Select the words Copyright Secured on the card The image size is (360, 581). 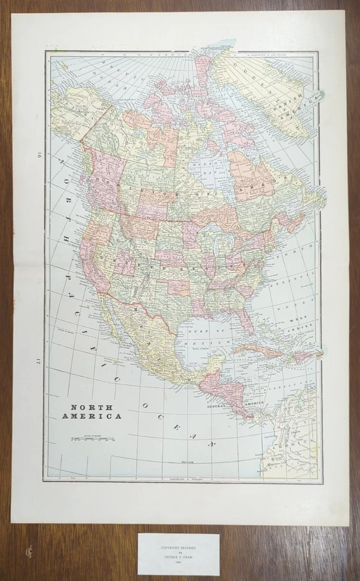coord(178,545)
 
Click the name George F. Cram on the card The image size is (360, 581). coord(178,555)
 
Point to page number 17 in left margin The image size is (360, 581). coord(37,361)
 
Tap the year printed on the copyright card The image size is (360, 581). coord(178,561)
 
